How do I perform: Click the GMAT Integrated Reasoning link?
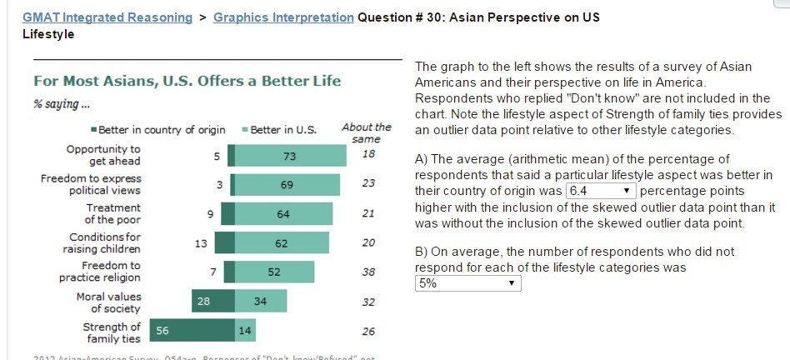point(107,17)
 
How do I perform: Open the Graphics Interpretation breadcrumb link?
point(282,17)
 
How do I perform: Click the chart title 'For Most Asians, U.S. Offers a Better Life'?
point(186,82)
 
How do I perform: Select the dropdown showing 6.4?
point(601,191)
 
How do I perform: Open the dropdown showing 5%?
point(467,283)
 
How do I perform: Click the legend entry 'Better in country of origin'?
point(158,130)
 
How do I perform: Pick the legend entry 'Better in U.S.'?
point(279,130)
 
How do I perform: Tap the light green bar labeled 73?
point(290,156)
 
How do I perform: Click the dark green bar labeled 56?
point(192,331)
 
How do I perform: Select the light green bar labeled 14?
point(245,331)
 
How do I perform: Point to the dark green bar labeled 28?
point(212,301)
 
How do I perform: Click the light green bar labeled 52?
point(274,272)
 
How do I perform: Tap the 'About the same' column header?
point(367,132)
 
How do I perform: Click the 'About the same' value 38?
point(368,272)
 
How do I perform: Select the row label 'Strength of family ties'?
point(112,332)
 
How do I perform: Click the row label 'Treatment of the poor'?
point(113,213)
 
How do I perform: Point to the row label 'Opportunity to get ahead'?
point(103,155)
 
